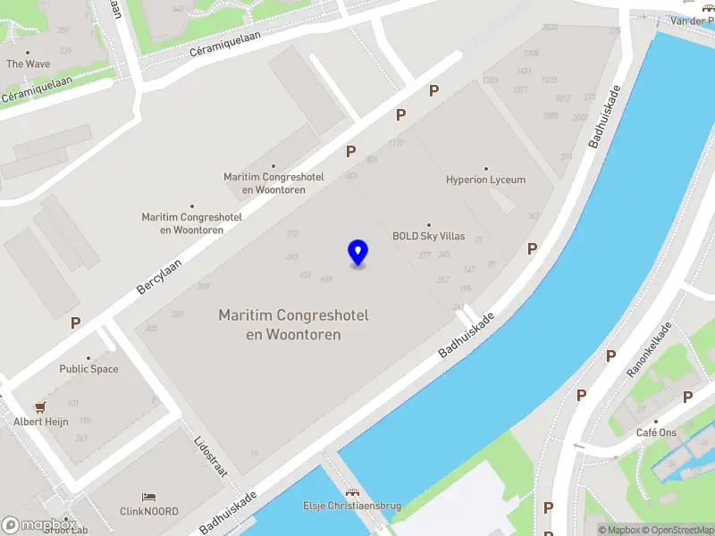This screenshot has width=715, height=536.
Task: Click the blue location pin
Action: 357,253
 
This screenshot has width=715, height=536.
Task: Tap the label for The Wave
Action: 29,64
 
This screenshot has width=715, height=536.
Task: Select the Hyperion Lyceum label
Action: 485,180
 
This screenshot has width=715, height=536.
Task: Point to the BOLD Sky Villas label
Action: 428,237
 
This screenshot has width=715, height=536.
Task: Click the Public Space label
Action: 88,369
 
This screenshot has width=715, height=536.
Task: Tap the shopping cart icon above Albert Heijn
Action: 40,406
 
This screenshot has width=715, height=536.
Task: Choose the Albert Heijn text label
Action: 40,422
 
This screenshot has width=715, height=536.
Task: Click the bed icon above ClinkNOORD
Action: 149,497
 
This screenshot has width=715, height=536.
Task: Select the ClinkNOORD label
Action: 149,512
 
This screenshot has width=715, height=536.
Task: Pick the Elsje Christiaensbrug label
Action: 352,507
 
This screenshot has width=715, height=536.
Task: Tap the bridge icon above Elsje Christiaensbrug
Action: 352,492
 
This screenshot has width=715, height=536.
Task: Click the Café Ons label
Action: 656,433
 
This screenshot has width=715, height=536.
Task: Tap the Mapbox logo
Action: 38,525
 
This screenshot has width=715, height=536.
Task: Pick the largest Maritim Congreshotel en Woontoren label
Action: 294,325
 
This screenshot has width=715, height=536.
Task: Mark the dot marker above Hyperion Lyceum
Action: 486,168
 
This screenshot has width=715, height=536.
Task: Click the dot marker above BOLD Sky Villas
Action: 429,225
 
